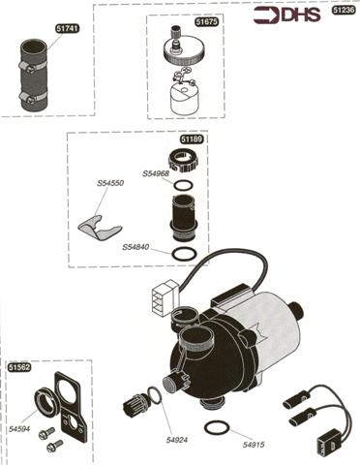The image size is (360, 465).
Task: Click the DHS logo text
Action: (x=301, y=15)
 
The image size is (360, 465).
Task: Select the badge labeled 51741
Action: (x=67, y=28)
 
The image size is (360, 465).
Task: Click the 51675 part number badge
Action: (x=207, y=22)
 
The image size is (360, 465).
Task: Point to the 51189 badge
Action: (x=192, y=139)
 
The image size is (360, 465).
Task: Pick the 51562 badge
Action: (x=19, y=367)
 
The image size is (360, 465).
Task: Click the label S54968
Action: (x=156, y=173)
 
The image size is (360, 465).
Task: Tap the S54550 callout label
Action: (x=110, y=183)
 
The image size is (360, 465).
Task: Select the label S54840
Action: (x=135, y=247)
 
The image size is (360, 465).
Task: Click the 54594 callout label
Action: (x=19, y=429)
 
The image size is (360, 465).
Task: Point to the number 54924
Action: (x=177, y=440)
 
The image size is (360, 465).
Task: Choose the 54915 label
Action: (x=254, y=445)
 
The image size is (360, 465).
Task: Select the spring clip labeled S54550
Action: (x=100, y=227)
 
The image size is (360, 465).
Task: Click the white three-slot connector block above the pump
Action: (x=165, y=297)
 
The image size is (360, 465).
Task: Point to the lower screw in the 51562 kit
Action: (x=54, y=446)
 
